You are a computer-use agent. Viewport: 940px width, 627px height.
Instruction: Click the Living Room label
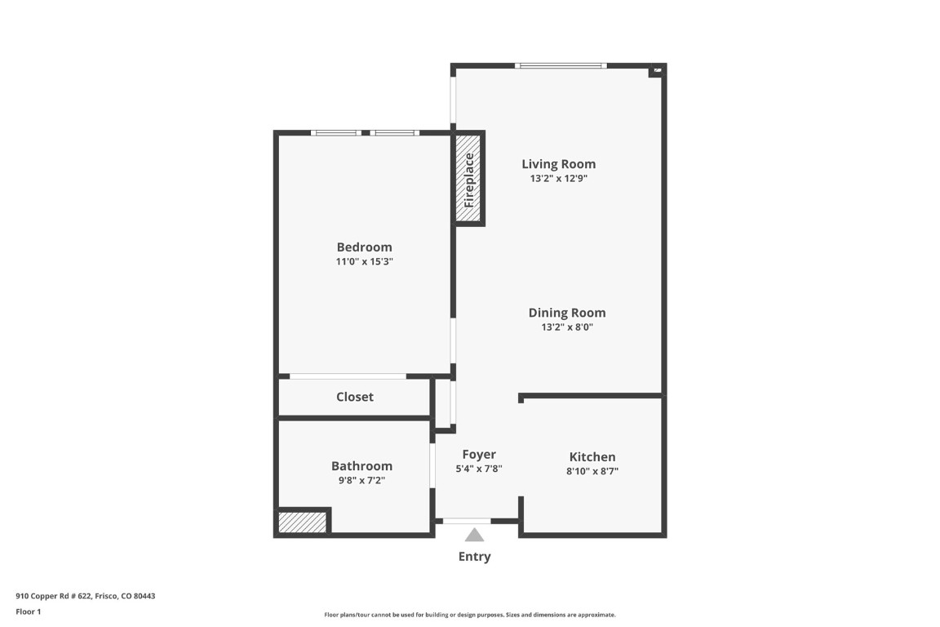559,164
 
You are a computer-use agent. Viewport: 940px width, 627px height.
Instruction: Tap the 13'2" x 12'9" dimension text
559,178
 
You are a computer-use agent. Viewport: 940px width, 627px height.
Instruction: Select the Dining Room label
567,313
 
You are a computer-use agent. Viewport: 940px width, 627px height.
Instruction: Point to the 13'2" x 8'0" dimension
567,327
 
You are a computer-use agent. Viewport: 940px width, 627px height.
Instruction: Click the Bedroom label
365,247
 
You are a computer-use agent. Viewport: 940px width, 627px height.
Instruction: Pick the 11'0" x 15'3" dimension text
365,262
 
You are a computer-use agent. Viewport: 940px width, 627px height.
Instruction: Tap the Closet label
355,397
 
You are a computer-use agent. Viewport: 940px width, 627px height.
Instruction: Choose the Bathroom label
361,466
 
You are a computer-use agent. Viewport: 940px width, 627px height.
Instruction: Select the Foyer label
479,455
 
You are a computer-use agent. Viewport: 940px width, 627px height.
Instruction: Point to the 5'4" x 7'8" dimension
479,469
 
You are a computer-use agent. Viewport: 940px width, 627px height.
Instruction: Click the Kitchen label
592,457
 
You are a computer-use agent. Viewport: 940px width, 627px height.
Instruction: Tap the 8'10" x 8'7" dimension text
593,471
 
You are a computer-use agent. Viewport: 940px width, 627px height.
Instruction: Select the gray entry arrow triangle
474,536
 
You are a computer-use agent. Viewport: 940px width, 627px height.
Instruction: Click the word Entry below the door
474,557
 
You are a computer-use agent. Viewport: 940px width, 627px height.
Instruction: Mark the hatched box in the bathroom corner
303,522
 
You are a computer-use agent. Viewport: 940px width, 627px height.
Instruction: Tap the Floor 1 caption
28,611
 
